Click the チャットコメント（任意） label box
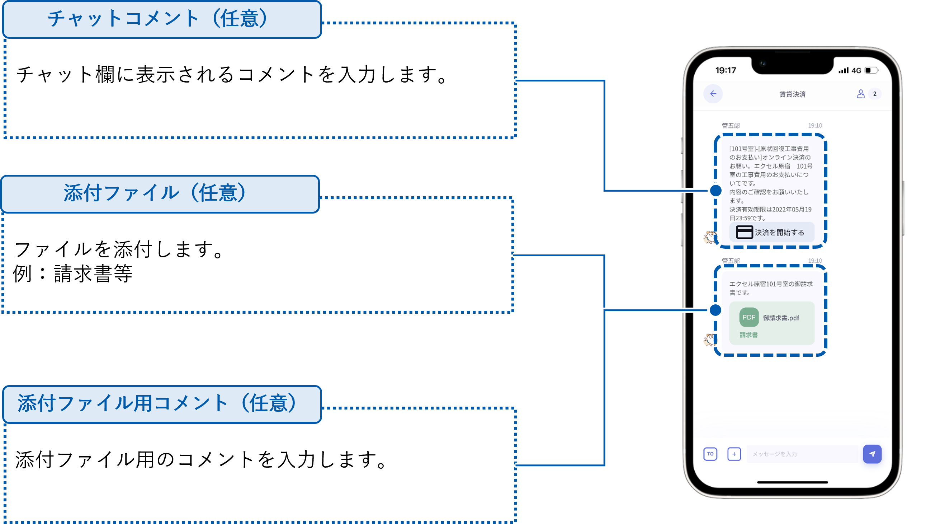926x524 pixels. point(162,19)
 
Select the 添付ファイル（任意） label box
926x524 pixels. point(160,193)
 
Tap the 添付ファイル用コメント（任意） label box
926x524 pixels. point(162,404)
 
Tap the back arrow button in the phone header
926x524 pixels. point(713,94)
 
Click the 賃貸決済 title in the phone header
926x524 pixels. point(792,94)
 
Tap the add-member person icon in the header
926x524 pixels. point(860,94)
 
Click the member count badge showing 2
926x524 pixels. point(875,94)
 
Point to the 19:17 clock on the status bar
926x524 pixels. point(726,71)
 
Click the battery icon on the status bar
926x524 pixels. point(871,70)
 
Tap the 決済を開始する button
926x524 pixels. point(772,233)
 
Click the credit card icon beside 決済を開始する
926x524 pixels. point(744,232)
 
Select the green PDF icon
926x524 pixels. point(749,317)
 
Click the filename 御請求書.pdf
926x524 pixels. point(781,318)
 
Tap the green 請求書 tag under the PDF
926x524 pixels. point(748,335)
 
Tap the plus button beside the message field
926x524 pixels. point(734,454)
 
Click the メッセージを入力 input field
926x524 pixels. point(802,454)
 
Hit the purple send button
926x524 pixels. point(872,454)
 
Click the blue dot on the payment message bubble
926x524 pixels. point(715,190)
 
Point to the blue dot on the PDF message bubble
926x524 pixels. point(715,310)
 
